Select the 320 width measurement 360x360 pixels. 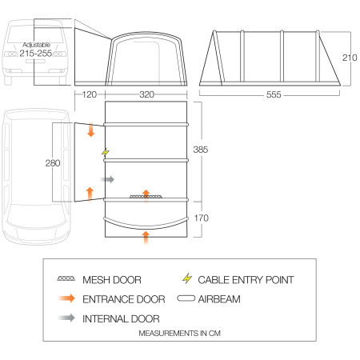pos(146,94)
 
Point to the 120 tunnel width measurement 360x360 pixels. pos(89,94)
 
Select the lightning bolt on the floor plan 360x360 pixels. pos(104,152)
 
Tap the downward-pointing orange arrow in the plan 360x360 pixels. pos(90,130)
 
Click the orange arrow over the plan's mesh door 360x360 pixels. pos(146,194)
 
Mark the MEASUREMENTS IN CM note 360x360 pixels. pos(179,332)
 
